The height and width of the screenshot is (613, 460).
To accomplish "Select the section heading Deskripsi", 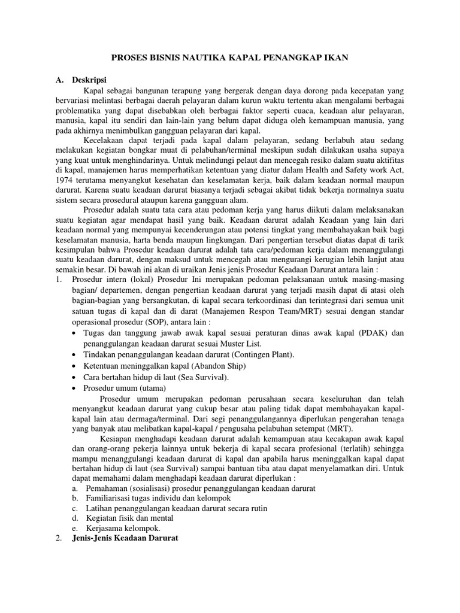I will coord(89,80).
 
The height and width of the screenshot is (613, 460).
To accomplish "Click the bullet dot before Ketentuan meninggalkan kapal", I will coord(74,366).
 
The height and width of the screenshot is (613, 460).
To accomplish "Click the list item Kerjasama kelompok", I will coord(123,529).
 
